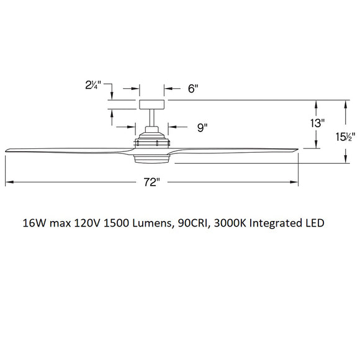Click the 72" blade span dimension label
151,182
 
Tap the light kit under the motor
151,159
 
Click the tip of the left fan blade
7,150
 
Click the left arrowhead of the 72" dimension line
8,182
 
